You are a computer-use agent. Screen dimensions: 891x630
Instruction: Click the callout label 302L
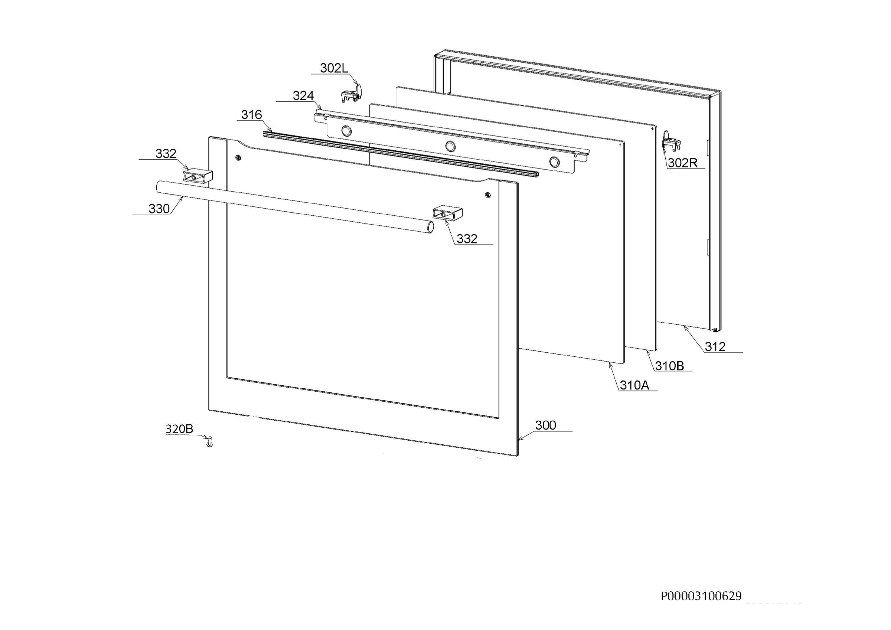[x=334, y=68]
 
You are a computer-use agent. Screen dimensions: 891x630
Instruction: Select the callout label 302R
[x=683, y=163]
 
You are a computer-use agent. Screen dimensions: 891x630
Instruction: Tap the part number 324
[x=303, y=96]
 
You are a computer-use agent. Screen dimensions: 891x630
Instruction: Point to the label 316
[x=251, y=115]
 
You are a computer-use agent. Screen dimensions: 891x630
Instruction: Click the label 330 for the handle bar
[x=159, y=209]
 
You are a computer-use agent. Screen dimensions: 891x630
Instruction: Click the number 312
[x=715, y=347]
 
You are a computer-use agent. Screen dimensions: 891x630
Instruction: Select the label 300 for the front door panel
[x=546, y=425]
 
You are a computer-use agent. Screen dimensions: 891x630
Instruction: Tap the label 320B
[x=179, y=429]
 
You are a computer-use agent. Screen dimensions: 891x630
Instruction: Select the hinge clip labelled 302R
[x=671, y=142]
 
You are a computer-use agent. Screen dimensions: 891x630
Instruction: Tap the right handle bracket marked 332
[x=448, y=213]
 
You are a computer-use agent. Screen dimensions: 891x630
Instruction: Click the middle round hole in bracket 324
[x=450, y=146]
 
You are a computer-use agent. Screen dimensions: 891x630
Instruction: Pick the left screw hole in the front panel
[x=238, y=158]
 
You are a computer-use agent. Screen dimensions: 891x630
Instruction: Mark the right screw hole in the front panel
[x=488, y=195]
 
